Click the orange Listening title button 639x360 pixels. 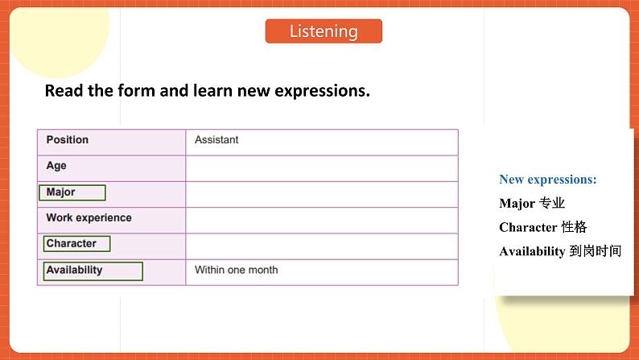click(x=324, y=31)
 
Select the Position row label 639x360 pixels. click(x=68, y=140)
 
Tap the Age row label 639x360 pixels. click(x=56, y=166)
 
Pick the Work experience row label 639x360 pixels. click(x=89, y=217)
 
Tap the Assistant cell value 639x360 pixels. click(x=216, y=140)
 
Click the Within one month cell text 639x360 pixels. click(x=236, y=271)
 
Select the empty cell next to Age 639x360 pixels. click(x=321, y=168)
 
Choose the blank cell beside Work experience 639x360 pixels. click(x=321, y=220)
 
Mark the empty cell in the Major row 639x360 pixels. click(x=321, y=194)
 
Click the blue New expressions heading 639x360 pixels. click(x=547, y=180)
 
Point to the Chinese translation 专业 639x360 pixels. click(x=552, y=204)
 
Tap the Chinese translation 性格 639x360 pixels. click(x=575, y=227)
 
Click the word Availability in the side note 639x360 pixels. click(x=532, y=251)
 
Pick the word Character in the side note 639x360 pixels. click(x=528, y=227)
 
